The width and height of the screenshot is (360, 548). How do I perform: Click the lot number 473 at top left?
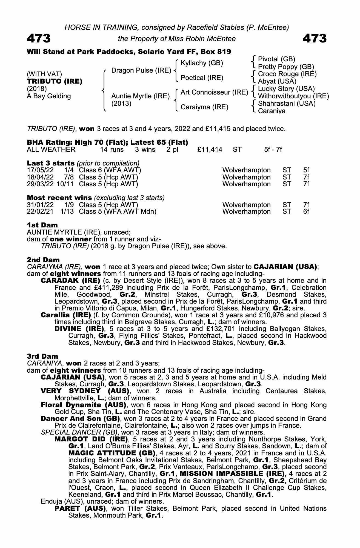tap(39, 38)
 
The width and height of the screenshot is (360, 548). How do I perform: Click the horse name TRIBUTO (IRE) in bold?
tap(55, 81)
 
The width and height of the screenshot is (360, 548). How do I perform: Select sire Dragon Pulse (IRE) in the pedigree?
tap(141, 70)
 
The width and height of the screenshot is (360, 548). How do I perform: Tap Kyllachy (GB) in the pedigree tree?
tap(202, 63)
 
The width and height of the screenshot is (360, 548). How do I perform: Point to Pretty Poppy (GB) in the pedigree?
tap(286, 67)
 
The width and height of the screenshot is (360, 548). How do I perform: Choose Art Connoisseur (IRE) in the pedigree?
tap(214, 92)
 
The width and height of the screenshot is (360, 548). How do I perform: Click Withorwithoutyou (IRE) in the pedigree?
tap(293, 96)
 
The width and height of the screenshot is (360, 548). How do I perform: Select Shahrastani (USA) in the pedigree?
tap(287, 104)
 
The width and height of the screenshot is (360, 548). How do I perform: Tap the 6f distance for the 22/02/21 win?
tap(306, 212)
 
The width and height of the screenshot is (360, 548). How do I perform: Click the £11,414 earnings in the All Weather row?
tap(210, 150)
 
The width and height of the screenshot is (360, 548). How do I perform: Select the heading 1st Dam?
tap(42, 225)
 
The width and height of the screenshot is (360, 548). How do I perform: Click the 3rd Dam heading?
tap(42, 356)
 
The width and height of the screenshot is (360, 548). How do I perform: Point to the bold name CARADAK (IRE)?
tap(70, 281)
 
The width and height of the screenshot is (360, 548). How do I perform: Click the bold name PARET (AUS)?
tap(80, 509)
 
